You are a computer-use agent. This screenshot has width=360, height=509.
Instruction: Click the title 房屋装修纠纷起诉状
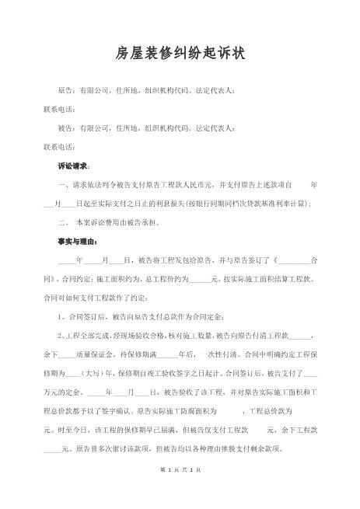180,53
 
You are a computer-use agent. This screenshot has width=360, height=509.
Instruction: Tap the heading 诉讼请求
73,166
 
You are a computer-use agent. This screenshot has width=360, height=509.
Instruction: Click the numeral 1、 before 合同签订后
62,316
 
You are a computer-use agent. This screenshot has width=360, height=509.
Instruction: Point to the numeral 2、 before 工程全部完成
62,336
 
